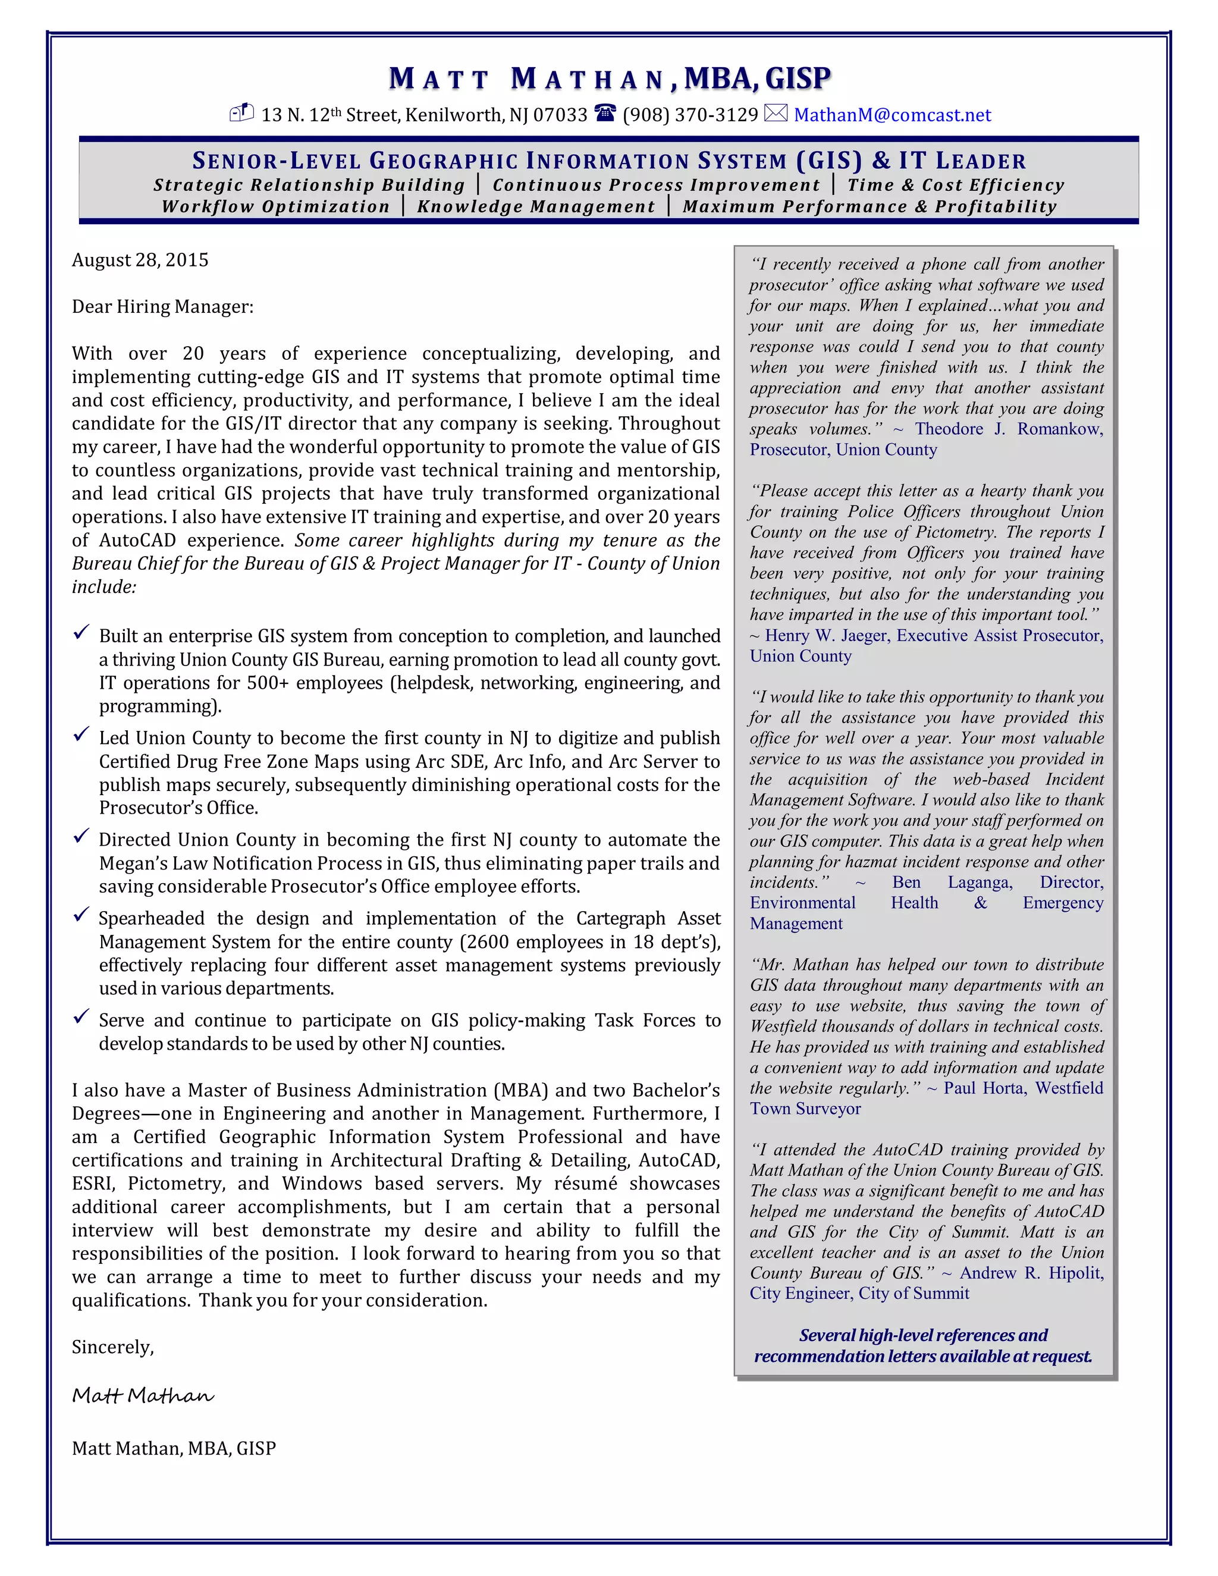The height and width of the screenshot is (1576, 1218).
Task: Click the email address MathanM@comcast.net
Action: click(892, 115)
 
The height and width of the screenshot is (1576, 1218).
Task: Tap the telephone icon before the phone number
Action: click(605, 112)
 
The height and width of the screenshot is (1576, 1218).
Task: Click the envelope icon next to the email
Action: click(776, 113)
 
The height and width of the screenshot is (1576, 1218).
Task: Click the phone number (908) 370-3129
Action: click(690, 115)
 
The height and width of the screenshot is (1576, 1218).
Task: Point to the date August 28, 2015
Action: click(140, 260)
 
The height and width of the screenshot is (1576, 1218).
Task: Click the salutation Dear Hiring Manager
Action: click(162, 307)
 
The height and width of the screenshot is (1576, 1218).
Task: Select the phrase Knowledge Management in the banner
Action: click(536, 206)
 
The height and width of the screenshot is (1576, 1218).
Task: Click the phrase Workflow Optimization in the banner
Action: click(275, 206)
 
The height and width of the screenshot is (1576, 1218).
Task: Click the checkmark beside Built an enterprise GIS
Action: click(81, 633)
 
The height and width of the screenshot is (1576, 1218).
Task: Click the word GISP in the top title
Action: click(798, 78)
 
